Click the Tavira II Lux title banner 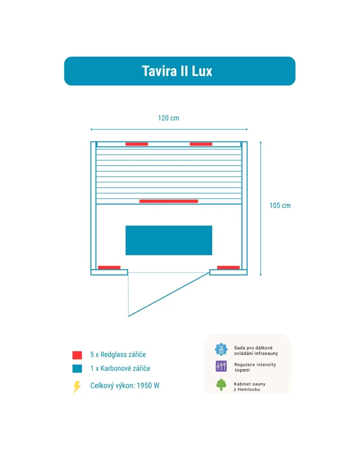(x=180, y=71)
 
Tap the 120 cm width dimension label (x=169, y=118)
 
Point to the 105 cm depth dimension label (x=280, y=205)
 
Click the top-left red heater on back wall (x=137, y=144)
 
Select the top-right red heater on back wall (x=201, y=144)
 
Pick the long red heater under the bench (x=169, y=201)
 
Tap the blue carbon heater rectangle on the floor (x=169, y=240)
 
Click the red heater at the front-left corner (x=109, y=268)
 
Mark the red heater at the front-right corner (x=229, y=268)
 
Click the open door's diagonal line (x=169, y=295)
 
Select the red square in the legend (x=77, y=355)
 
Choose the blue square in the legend (x=77, y=368)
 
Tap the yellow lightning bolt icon (x=77, y=387)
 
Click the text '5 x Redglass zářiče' (x=118, y=355)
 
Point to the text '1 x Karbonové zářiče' (x=121, y=368)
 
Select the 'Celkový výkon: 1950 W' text (x=125, y=386)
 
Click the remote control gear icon (x=221, y=350)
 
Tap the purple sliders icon (x=221, y=366)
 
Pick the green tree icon (x=221, y=385)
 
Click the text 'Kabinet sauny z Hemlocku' (x=250, y=386)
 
